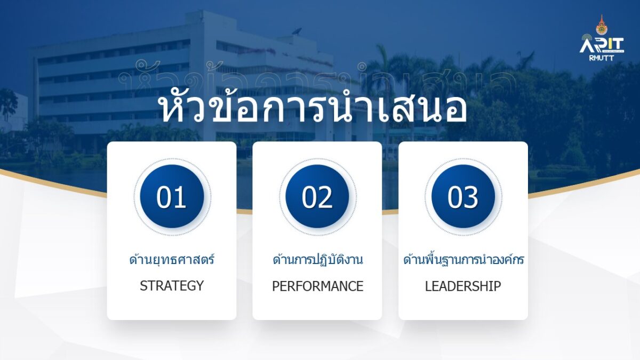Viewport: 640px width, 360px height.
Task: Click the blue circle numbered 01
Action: [172, 196]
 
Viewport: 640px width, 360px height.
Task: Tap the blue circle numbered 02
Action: [317, 196]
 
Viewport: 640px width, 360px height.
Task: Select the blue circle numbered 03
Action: [463, 196]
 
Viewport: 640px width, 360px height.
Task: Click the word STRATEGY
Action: [172, 286]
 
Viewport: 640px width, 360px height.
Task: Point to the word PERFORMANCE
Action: [317, 286]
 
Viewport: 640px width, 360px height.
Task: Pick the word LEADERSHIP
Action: [463, 286]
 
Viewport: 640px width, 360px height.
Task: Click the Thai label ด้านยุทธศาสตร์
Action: [172, 259]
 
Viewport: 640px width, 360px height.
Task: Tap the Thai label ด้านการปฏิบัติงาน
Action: [318, 259]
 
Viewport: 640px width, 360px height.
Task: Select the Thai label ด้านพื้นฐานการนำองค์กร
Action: [463, 259]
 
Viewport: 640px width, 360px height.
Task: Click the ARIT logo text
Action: [602, 45]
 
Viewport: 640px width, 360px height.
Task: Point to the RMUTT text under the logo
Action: [601, 58]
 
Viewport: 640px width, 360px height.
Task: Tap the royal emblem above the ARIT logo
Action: [602, 25]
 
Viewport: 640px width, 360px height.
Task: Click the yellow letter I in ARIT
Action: [609, 46]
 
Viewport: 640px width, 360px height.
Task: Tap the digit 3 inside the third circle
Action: [470, 197]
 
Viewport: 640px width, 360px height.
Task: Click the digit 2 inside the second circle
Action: [325, 197]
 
